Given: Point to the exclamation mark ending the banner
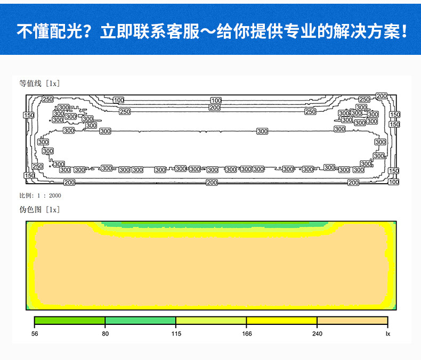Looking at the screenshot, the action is coord(404,31).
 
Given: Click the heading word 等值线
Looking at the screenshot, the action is coord(30,84).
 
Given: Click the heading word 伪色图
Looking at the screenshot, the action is coord(30,209).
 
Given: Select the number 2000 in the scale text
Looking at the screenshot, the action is coord(55,195).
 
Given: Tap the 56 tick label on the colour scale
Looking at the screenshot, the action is coord(35,334).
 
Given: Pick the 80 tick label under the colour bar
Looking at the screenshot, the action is coord(106,334).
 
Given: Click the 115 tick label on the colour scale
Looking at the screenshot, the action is coord(176,334).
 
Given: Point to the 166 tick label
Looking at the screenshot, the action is coord(247,334).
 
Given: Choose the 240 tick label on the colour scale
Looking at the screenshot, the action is coord(317,334).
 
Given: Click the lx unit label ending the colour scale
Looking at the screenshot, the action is coord(388,334).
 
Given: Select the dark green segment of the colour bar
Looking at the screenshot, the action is coord(70,321).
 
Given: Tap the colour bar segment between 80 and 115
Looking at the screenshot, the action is coord(141,321).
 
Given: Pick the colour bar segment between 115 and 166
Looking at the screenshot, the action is coord(211,321).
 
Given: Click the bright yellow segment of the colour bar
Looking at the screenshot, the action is coord(282,321).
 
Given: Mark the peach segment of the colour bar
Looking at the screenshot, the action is coord(352,321).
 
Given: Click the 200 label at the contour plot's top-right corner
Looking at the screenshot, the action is coord(381,96).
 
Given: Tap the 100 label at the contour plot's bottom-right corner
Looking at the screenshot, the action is coord(394,182).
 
